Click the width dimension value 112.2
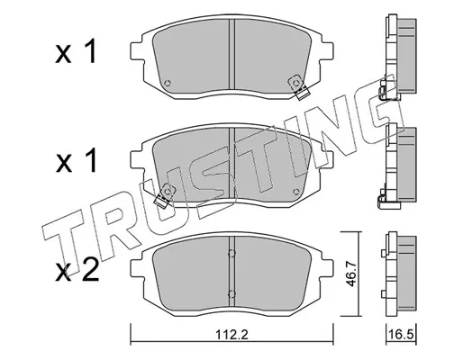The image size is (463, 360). pos(231,334)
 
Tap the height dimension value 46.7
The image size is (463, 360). pos(351,274)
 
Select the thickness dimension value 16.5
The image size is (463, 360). pos(401,334)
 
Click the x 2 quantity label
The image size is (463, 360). pos(77,271)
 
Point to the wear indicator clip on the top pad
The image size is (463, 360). pos(298,86)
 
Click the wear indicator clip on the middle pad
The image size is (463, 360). pos(165,195)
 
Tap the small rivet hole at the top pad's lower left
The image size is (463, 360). pos(168,83)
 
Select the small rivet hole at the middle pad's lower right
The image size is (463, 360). pos(296,192)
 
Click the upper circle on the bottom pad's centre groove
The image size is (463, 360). pos(231,254)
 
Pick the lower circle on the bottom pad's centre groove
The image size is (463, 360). pos(231,293)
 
